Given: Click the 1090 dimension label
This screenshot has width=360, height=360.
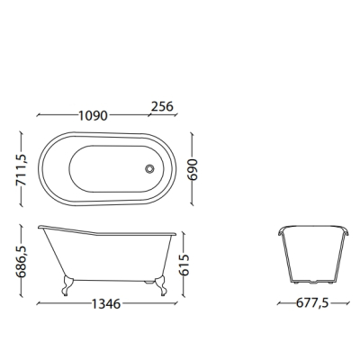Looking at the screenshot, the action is click(93, 115).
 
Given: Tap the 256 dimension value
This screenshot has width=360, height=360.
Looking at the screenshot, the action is click(162, 106).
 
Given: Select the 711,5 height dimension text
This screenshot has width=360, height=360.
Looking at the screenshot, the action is click(22, 169).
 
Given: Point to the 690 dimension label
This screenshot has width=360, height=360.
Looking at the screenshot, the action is click(193, 169).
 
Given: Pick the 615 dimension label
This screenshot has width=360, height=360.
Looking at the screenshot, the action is click(184, 265).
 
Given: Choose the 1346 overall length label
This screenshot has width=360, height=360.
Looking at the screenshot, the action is click(106, 304).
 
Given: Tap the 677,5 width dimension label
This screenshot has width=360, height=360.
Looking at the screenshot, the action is click(312, 303).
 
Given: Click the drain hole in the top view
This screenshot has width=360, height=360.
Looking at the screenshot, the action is click(149, 168).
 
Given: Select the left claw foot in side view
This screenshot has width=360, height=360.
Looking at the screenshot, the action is click(67, 285).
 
